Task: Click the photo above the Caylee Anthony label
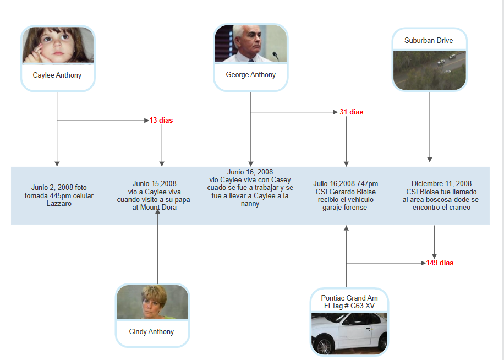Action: [58, 45]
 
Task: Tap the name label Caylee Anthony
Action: [57, 75]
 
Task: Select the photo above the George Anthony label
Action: [250, 44]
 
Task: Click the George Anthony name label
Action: [250, 74]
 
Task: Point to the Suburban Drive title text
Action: [429, 41]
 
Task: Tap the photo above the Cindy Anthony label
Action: [152, 303]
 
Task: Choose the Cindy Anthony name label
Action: [151, 332]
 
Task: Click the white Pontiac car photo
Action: [349, 333]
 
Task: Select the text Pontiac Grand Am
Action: [349, 298]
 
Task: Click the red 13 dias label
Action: [162, 120]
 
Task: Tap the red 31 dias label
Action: [352, 112]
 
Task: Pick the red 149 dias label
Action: [440, 263]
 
